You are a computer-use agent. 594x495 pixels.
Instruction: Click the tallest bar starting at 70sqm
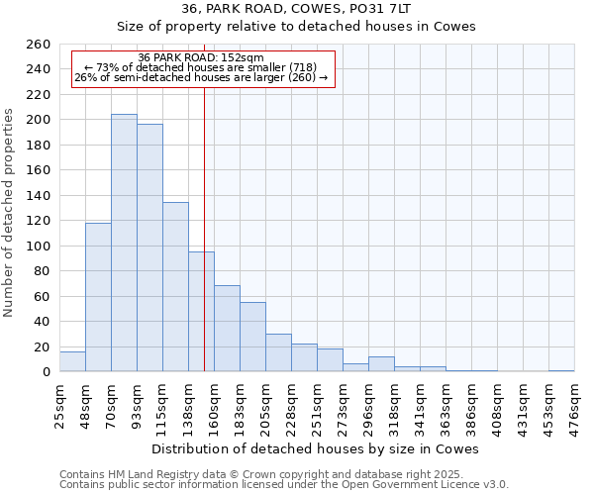[x=124, y=243]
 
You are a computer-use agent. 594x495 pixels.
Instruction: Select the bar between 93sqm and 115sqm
[x=149, y=247]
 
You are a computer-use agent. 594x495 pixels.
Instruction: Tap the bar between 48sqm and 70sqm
[x=98, y=297]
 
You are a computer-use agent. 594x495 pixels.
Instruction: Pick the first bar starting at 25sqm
[x=72, y=362]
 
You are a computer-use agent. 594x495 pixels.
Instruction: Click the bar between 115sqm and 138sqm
[x=175, y=287]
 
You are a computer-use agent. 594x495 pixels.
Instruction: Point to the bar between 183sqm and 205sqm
[x=252, y=337]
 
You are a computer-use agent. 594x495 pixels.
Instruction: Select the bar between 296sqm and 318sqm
[x=381, y=364]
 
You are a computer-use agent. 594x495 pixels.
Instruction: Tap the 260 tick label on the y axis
[x=39, y=45]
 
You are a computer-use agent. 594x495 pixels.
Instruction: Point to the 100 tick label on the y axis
[x=39, y=246]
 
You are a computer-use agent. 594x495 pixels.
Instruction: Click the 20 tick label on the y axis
[x=43, y=346]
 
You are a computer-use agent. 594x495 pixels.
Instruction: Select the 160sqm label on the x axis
[x=214, y=404]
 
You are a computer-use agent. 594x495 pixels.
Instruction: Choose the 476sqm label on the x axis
[x=574, y=404]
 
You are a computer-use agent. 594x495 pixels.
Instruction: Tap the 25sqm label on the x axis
[x=59, y=404]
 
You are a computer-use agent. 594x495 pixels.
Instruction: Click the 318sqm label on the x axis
[x=394, y=404]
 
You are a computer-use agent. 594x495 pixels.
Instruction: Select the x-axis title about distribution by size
[x=316, y=448]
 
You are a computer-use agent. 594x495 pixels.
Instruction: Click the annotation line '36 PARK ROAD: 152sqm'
[x=201, y=57]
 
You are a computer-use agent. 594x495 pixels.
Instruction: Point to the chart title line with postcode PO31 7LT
[x=296, y=9]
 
